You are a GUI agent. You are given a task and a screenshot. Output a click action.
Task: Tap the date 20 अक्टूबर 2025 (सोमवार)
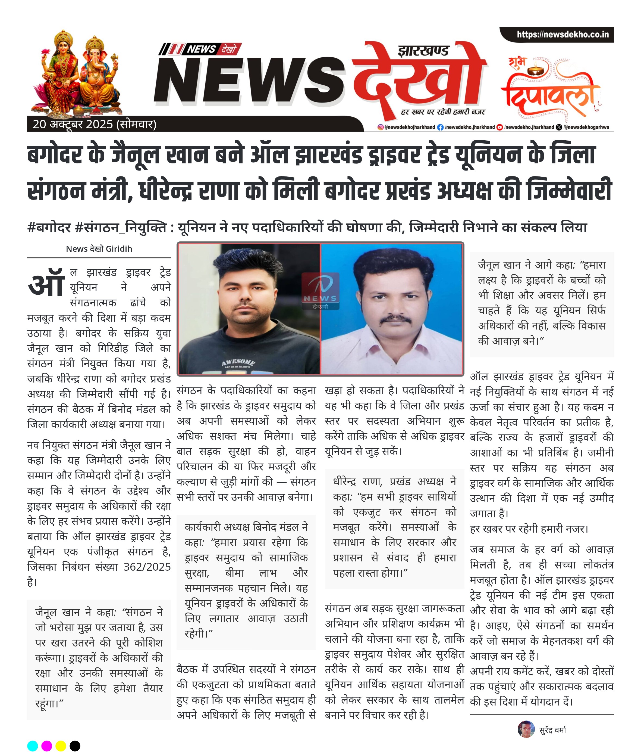tap(94, 125)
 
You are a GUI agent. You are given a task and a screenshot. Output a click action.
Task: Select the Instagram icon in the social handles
tap(380, 127)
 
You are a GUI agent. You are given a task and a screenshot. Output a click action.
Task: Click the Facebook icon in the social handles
tap(440, 127)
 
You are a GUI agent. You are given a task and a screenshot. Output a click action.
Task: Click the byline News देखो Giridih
tap(99, 248)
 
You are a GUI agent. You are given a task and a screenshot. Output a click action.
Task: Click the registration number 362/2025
tap(147, 567)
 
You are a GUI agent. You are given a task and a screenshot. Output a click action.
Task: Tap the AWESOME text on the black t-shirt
tap(238, 362)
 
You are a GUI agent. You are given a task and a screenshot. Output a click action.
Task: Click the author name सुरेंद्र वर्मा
tap(552, 730)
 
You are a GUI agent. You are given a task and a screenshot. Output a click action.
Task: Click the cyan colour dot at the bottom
tap(33, 746)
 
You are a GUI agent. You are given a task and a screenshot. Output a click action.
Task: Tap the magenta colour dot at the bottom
tap(47, 746)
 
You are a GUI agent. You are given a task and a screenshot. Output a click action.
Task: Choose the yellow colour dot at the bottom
tap(61, 746)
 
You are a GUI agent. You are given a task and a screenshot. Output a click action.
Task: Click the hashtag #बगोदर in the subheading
tap(49, 228)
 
